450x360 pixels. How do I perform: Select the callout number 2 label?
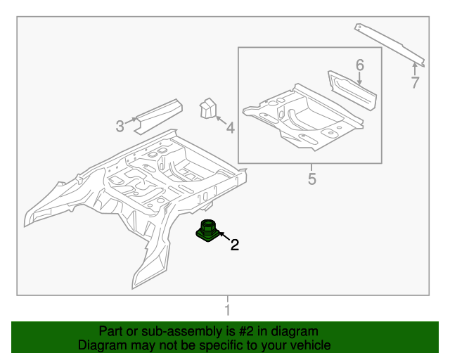pyautogui.click(x=235, y=245)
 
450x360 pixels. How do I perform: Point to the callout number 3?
pyautogui.click(x=120, y=127)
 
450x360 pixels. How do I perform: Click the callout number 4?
pyautogui.click(x=229, y=127)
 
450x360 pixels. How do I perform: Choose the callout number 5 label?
pyautogui.click(x=311, y=179)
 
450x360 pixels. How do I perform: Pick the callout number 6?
pyautogui.click(x=359, y=65)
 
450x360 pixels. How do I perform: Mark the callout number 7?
pyautogui.click(x=415, y=82)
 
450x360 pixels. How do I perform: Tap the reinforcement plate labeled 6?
pyautogui.click(x=352, y=90)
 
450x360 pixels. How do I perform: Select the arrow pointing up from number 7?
pyautogui.click(x=414, y=68)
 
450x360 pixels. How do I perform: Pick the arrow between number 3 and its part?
pyautogui.click(x=132, y=125)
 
